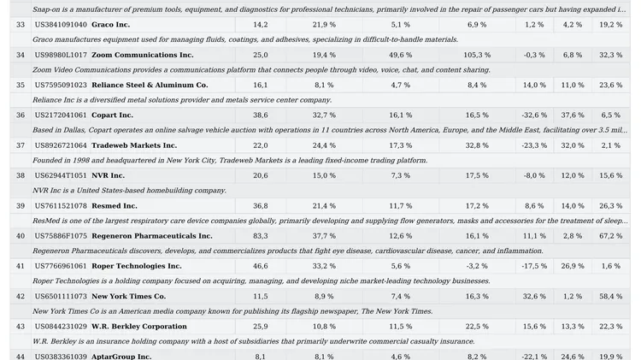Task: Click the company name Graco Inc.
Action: (110, 25)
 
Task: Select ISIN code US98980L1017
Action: (61, 55)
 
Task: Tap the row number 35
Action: (21, 85)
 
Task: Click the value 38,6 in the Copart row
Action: (261, 115)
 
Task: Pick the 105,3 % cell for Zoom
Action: (477, 55)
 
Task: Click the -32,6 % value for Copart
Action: (534, 115)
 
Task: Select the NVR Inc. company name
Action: (108, 175)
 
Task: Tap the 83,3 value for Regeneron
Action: (261, 235)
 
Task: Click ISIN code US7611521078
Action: (61, 205)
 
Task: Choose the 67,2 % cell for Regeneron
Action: (610, 235)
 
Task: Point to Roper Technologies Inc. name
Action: (137, 266)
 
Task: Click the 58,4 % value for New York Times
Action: (610, 296)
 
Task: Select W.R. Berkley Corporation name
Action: (139, 326)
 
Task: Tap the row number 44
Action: (21, 356)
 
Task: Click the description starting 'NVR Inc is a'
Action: (129, 190)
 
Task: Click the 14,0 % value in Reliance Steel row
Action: (534, 85)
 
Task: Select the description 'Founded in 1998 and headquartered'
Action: (229, 160)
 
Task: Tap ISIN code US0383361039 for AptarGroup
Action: (61, 356)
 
